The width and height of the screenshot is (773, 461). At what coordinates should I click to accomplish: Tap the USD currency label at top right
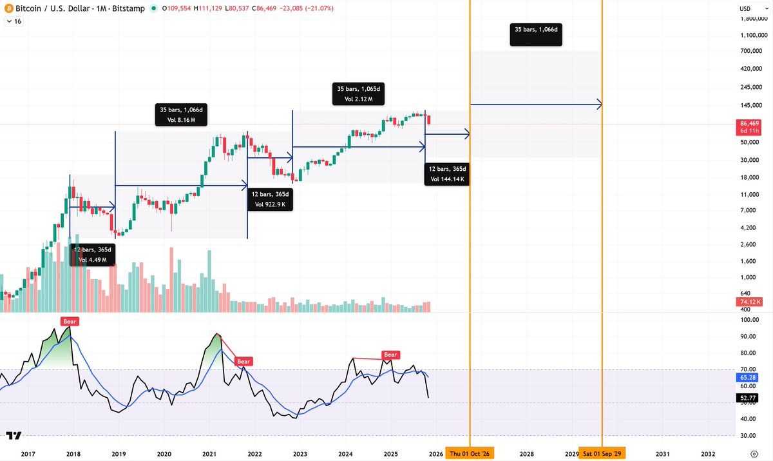point(745,8)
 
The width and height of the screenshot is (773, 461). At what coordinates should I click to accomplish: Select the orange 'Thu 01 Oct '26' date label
point(472,454)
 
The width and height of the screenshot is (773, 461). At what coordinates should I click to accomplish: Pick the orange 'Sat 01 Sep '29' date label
point(602,454)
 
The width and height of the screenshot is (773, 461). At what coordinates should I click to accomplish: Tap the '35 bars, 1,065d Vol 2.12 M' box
point(359,94)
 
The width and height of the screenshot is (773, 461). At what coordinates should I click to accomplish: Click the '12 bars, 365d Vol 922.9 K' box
point(271,199)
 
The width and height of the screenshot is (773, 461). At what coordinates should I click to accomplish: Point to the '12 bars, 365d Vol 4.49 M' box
point(93,255)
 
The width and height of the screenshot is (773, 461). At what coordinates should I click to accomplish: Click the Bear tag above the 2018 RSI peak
point(69,321)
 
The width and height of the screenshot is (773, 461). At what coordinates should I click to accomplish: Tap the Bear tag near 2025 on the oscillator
point(390,355)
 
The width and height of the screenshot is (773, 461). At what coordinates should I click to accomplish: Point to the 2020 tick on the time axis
point(164,454)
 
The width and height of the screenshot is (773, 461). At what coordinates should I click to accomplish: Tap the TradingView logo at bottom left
point(14,436)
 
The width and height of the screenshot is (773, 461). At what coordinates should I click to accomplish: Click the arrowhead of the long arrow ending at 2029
point(600,104)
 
